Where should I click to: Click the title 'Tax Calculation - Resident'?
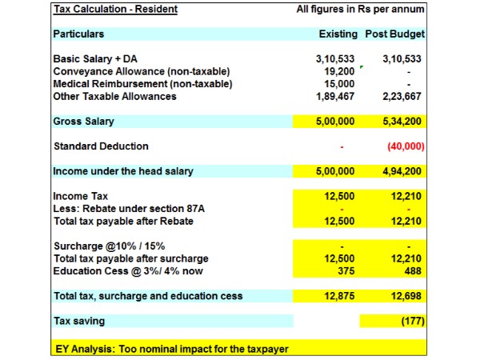click(x=115, y=10)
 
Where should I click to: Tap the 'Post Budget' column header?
click(x=394, y=34)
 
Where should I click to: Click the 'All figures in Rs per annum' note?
click(x=361, y=10)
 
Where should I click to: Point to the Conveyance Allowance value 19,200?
click(x=341, y=71)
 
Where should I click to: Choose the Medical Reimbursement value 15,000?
click(x=341, y=84)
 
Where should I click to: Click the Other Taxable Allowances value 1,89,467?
click(x=335, y=96)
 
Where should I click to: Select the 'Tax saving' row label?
click(x=78, y=321)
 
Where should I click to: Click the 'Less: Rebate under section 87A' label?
click(x=126, y=209)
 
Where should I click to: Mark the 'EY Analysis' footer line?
click(x=170, y=348)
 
